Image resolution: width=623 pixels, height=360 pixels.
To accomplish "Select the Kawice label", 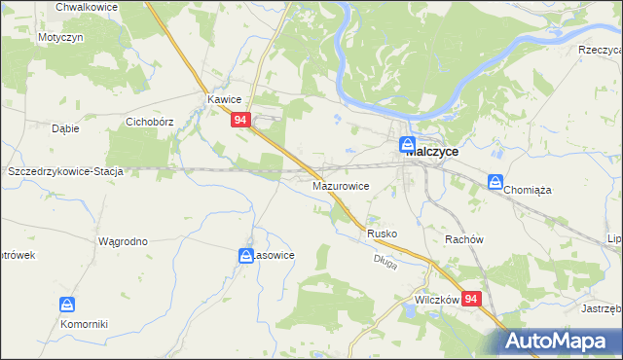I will [x=224, y=99].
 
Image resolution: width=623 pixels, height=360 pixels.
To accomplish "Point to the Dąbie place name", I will [x=65, y=127].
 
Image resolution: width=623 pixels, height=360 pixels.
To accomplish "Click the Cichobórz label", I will [x=149, y=123].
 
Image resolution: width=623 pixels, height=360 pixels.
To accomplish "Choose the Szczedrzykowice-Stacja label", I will [x=64, y=171].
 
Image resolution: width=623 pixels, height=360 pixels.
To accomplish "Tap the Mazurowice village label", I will [x=341, y=184].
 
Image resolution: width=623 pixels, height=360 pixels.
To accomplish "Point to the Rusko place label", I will [x=382, y=234].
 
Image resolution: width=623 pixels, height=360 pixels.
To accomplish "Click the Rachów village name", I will [x=463, y=239].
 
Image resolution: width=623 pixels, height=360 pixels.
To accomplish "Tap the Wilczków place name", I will [x=436, y=301].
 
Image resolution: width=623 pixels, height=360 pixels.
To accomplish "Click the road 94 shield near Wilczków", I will [x=472, y=300].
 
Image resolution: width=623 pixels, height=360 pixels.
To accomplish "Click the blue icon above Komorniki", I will [x=67, y=306].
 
